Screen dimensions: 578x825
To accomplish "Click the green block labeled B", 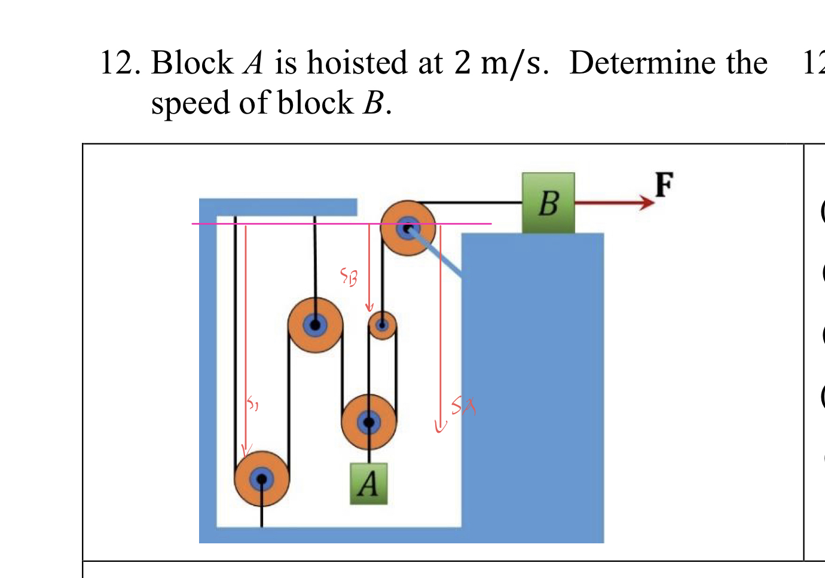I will pos(548,203).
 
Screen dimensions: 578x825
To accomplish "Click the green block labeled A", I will pos(368,484).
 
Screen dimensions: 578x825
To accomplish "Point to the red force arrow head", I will pos(647,203).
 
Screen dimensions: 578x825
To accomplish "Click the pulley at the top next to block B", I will pos(408,228).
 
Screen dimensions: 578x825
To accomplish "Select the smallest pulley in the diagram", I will pos(382,325).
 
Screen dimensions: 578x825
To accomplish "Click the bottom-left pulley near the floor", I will pos(261,479).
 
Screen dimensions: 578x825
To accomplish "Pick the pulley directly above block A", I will pos(368,422).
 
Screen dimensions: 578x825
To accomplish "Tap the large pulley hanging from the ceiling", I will pos(315,325).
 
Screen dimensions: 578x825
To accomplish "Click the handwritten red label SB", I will pos(349,276).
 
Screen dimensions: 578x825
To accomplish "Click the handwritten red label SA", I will pos(463,406).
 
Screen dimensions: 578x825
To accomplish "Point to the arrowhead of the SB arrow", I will pos(369,307).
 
